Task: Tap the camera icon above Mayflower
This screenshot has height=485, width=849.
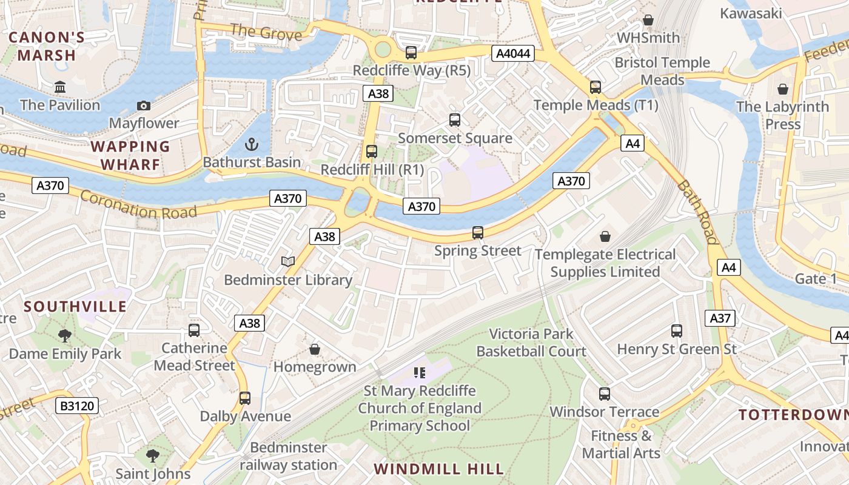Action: coord(144,105)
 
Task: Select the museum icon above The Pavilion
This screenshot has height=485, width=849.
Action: coord(60,87)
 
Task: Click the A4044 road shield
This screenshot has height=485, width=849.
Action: coord(513,53)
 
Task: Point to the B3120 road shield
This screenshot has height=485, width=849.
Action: coord(78,406)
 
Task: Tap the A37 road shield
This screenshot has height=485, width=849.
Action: coord(720,318)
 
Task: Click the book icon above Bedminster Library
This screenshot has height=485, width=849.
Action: coord(288,261)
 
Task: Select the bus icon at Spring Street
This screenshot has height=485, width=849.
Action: coord(478,232)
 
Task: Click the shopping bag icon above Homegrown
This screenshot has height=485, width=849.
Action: coord(315,349)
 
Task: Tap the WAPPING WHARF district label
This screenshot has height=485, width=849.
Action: coord(130,155)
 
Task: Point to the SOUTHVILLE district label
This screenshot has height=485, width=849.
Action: coord(75,306)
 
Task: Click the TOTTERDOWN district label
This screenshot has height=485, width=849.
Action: coord(793,415)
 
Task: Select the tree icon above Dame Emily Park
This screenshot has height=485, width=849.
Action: coord(65,335)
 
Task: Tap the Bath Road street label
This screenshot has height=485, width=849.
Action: coord(697,212)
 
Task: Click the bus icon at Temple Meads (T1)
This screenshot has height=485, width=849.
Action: coord(596,87)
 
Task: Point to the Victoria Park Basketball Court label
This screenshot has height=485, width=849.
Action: coord(531,343)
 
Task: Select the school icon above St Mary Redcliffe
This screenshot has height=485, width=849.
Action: coord(419,372)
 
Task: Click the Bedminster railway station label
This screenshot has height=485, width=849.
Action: coord(288,457)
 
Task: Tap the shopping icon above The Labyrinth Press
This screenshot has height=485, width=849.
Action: coord(783,89)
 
